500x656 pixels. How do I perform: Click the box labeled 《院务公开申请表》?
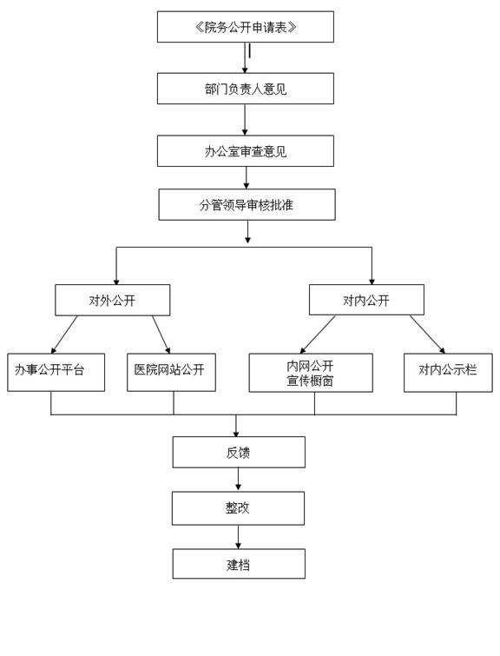tap(246, 27)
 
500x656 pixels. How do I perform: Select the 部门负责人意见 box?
tap(246, 89)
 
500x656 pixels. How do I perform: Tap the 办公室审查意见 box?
tap(246, 151)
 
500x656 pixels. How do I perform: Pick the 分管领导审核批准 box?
tap(247, 204)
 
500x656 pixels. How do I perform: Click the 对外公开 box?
tap(113, 300)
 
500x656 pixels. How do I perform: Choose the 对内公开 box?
tap(366, 300)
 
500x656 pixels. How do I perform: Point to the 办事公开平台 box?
tap(56, 373)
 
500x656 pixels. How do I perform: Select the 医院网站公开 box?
tap(171, 373)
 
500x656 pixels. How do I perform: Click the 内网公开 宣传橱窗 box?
tap(311, 373)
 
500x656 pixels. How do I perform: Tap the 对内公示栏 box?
tap(448, 373)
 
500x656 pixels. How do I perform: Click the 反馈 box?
tap(239, 453)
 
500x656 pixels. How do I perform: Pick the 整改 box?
tap(238, 508)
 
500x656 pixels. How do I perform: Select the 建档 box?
tap(239, 564)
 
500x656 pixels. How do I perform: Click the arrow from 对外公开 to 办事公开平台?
tap(64, 335)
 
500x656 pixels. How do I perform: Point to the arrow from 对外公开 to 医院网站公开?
tap(161, 335)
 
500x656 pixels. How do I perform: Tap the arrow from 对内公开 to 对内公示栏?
tap(427, 335)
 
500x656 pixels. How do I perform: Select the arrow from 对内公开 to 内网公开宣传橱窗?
tap(318, 335)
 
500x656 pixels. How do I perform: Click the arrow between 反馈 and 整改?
tap(239, 480)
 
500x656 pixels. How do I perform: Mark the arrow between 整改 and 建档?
tap(239, 537)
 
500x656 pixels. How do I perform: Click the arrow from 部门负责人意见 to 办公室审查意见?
tap(245, 120)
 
